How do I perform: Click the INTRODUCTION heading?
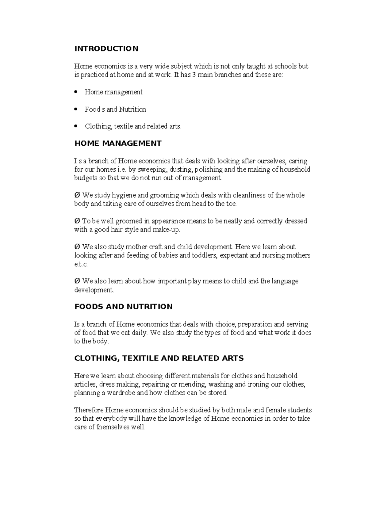(x=106, y=49)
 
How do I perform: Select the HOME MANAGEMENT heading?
(x=118, y=143)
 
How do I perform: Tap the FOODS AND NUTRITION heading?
(x=124, y=307)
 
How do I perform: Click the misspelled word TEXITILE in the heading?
(x=140, y=358)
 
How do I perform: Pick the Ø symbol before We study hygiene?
(x=77, y=195)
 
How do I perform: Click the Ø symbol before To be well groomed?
(x=77, y=221)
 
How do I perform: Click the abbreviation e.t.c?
(x=81, y=264)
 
